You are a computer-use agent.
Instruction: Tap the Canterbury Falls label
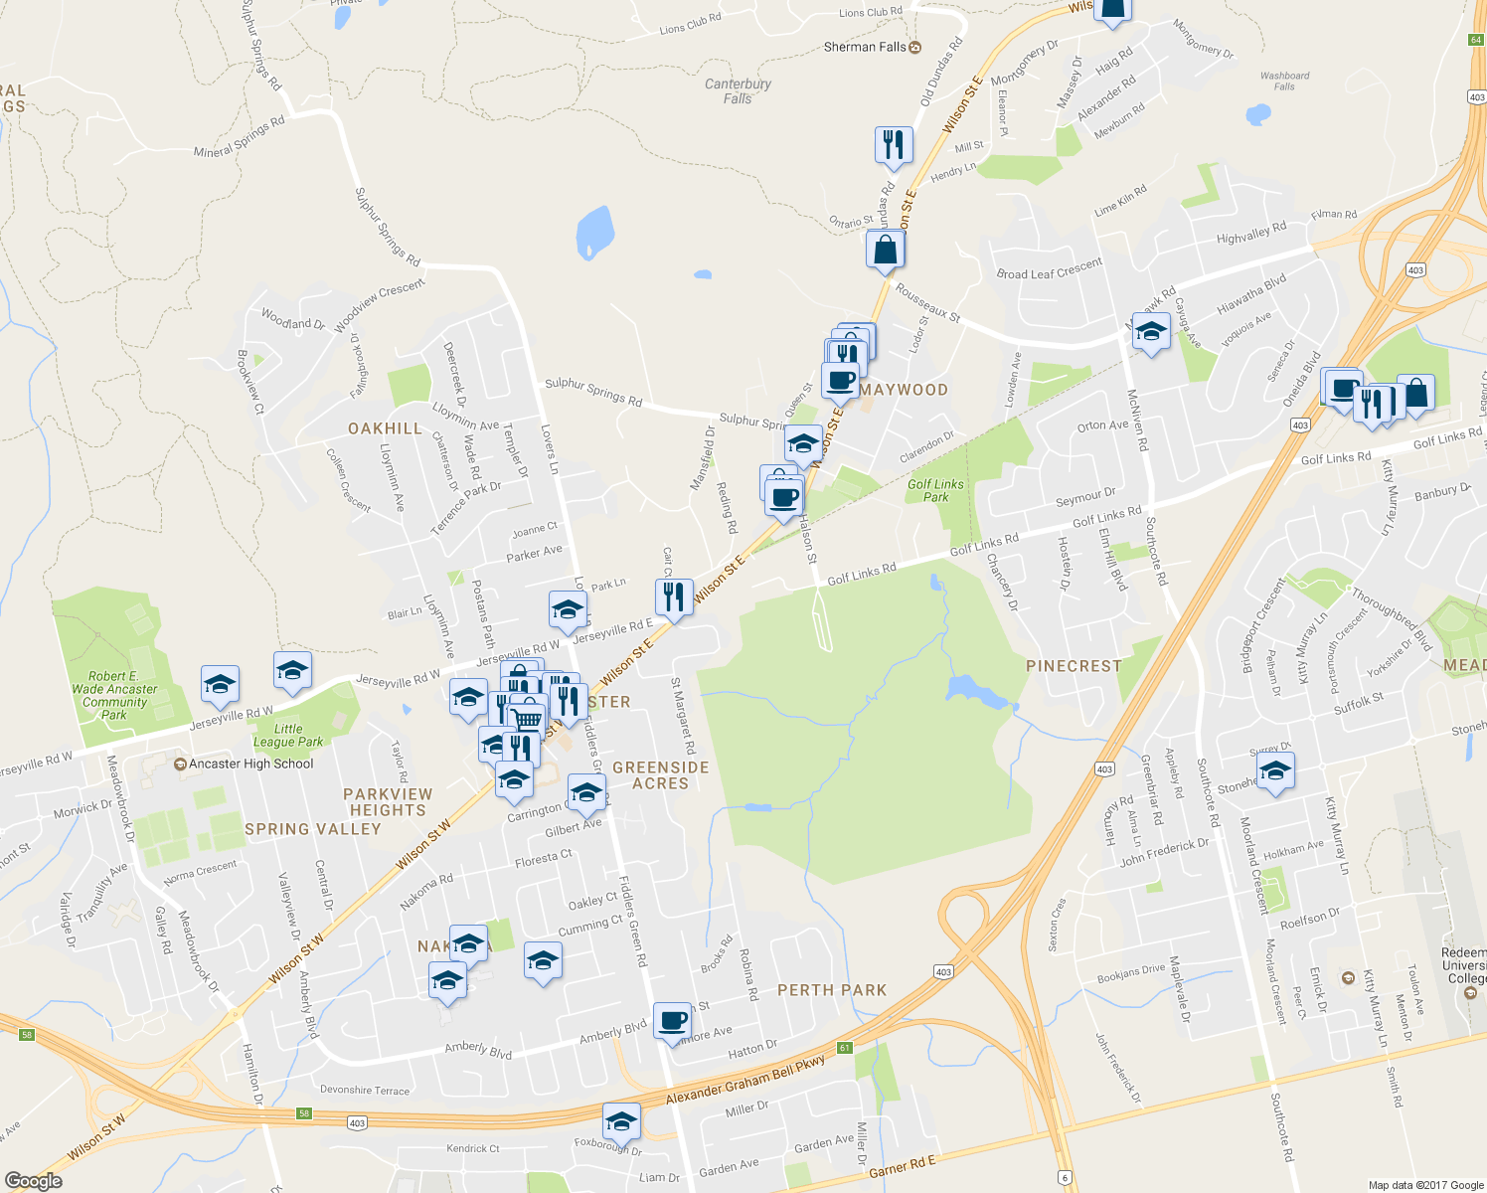pos(738,91)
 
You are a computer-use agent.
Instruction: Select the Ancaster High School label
pos(250,764)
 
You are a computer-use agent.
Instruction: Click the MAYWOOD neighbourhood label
pos(904,390)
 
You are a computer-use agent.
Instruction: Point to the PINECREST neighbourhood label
pos(1074,666)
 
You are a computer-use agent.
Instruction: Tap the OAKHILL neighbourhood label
pos(385,428)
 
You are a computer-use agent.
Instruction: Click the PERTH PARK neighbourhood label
pos(832,990)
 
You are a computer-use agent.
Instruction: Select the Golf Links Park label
pos(935,490)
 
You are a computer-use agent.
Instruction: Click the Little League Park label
pos(288,736)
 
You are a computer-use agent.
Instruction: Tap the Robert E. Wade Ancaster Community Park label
pos(114,695)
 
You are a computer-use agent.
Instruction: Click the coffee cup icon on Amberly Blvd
pos(673,1020)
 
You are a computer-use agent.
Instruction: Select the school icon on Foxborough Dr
pos(621,1121)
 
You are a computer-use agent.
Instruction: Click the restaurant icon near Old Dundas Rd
pos(894,144)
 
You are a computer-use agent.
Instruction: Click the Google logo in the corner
pos(33,1181)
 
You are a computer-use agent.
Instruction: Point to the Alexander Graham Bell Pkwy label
pos(745,1079)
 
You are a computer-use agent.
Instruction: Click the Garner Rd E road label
pos(903,1167)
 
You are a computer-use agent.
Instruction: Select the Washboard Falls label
pos(1284,81)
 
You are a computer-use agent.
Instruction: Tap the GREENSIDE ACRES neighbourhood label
pos(661,775)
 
